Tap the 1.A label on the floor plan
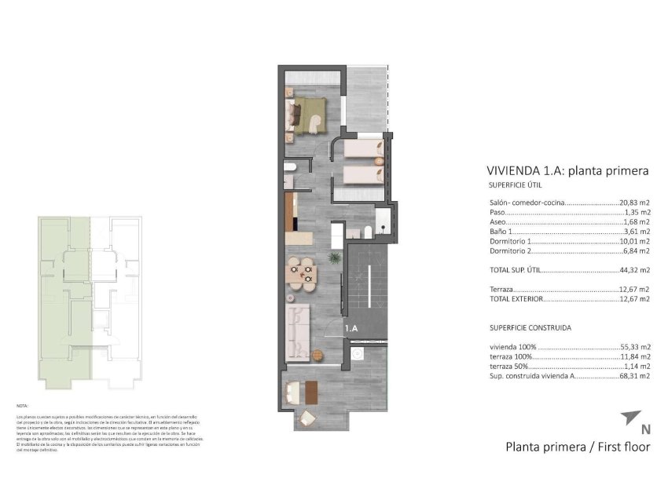tap(351, 330)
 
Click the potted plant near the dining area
tap(333, 257)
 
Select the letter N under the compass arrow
tap(645, 429)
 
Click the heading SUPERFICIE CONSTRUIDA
tap(530, 327)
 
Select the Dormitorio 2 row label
tap(511, 251)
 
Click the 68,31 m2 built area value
tap(635, 376)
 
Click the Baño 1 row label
tap(501, 232)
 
